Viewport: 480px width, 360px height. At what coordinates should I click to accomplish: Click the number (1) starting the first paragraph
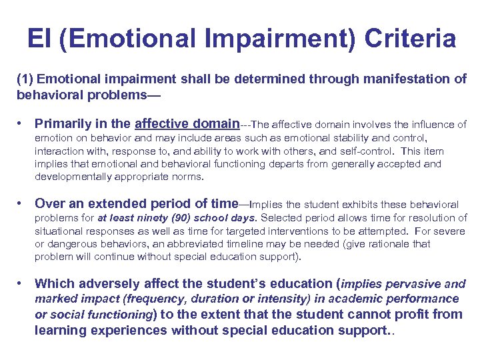pyautogui.click(x=25, y=79)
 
